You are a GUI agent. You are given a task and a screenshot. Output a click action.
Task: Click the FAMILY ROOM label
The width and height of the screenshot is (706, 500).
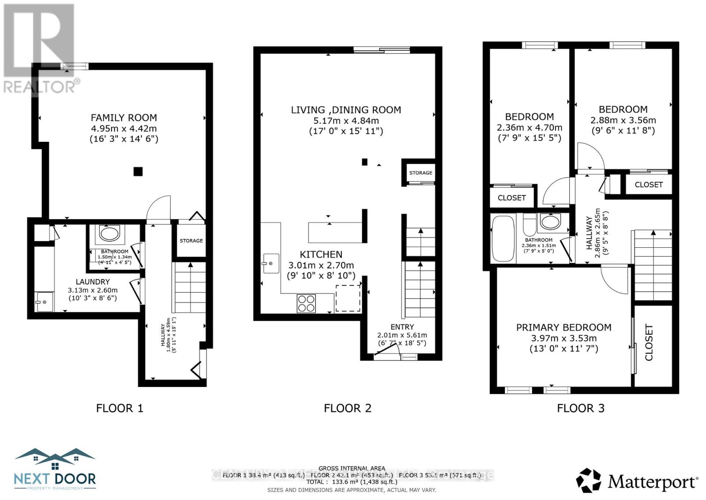point(124,117)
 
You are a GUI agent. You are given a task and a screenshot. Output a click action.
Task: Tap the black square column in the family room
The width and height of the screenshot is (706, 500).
point(138,171)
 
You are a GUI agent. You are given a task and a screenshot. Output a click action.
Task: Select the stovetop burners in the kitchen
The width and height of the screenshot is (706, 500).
point(306,303)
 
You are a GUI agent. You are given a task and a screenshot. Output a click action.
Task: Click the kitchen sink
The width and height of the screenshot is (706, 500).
point(271,263)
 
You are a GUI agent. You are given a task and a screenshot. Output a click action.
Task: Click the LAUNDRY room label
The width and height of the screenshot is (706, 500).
point(93,282)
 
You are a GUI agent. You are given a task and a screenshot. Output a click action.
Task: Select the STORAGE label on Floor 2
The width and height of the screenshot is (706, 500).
point(421,173)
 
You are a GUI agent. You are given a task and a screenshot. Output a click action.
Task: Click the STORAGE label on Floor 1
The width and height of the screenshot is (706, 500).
point(191,241)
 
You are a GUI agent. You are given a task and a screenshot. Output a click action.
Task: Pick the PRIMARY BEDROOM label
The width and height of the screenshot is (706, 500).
point(563,327)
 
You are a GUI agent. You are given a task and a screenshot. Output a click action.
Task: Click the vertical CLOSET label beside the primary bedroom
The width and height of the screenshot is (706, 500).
point(649,342)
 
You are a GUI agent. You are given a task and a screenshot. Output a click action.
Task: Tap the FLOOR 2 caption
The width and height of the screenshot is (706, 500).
point(347,408)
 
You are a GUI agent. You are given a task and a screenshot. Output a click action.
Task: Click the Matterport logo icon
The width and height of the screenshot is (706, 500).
point(589,481)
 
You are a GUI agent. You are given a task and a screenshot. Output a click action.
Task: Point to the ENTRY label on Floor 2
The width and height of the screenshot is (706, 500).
point(402,327)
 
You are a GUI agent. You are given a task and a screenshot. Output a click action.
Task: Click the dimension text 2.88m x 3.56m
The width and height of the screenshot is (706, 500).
point(623,120)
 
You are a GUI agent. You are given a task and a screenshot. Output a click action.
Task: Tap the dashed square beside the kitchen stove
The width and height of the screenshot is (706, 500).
point(348,298)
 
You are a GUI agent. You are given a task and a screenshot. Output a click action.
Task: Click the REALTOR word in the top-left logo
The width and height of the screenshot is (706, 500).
point(40,87)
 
